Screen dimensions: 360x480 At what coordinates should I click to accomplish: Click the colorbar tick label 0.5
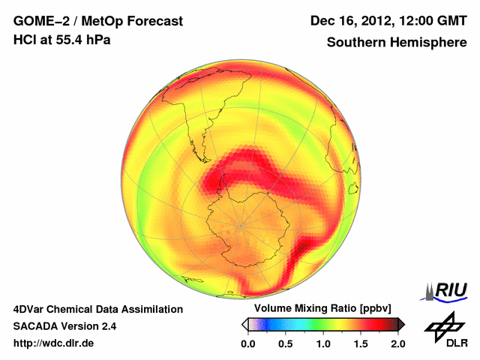tap(286, 343)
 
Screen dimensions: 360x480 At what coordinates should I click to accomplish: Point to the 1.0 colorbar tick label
tap(323, 343)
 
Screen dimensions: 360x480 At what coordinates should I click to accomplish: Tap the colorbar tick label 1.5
tap(361, 343)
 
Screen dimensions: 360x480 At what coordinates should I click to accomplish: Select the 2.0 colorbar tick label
tap(398, 343)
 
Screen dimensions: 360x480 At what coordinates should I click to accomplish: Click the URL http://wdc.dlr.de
tap(54, 343)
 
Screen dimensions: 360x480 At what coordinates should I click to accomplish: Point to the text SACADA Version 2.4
tap(64, 326)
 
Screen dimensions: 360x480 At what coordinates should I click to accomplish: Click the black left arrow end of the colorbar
tap(244, 324)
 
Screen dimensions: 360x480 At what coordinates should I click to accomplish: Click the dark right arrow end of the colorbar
tap(401, 324)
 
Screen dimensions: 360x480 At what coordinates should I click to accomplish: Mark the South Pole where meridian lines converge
tap(241, 224)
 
